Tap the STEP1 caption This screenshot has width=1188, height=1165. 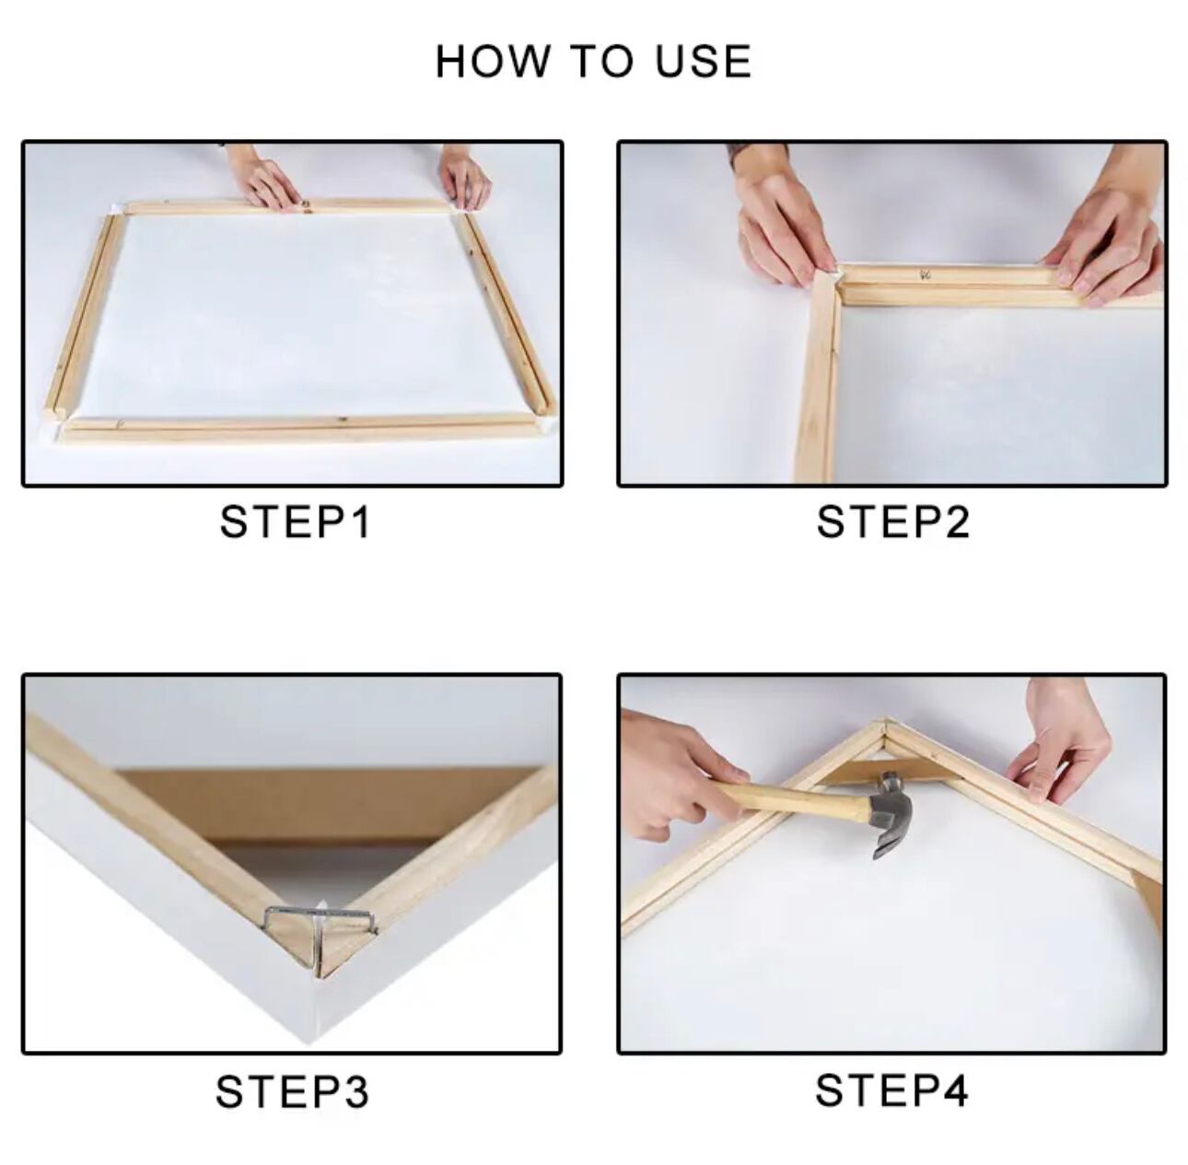click(x=295, y=522)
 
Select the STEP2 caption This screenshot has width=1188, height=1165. click(x=892, y=522)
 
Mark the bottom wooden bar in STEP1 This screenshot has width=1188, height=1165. click(x=302, y=429)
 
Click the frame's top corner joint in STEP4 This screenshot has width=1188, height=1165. click(x=885, y=726)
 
